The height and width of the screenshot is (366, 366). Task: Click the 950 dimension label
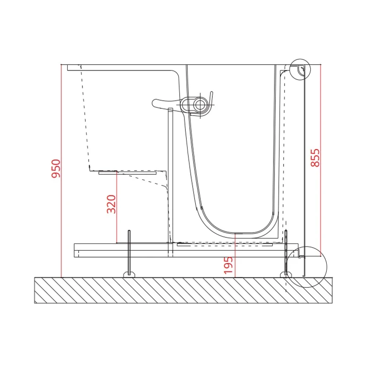pos(56,168)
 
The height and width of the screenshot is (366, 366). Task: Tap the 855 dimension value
pos(315,157)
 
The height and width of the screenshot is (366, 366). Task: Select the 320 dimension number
pos(111,204)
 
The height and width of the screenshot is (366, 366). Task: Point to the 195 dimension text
pos(228,265)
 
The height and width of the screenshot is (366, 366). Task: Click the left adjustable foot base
pos(129,274)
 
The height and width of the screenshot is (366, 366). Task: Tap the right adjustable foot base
pos(285,275)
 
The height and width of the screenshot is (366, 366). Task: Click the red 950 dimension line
pos(61,171)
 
